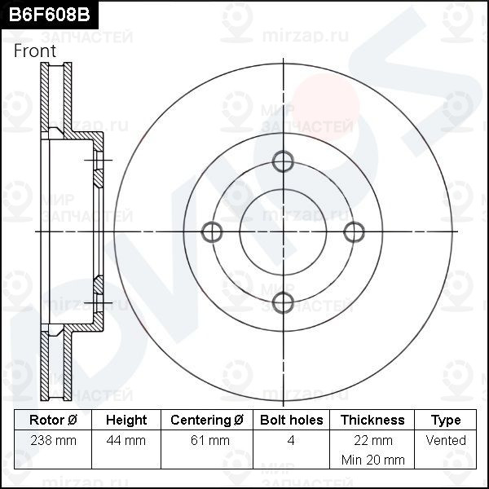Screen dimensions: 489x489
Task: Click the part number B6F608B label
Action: point(45,15)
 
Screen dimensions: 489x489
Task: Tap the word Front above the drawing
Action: point(35,51)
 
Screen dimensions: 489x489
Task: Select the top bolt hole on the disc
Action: point(283,161)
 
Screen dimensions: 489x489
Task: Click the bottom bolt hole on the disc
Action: point(283,302)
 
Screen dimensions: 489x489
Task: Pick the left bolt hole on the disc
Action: point(212,232)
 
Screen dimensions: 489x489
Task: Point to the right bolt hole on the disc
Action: point(354,232)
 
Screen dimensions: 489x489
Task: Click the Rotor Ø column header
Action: point(53,420)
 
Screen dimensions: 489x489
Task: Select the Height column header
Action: point(126,420)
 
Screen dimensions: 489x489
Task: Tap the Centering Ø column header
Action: point(207,420)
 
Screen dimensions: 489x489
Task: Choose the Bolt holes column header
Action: point(291,420)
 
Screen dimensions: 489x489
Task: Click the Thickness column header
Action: point(372,420)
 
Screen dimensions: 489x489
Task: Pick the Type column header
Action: point(446,420)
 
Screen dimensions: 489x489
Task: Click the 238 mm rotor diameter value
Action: point(53,440)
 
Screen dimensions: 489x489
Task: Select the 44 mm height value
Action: point(126,440)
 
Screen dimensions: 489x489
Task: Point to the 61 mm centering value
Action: point(207,440)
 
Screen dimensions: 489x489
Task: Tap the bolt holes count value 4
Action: point(291,440)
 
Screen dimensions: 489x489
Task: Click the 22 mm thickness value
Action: point(372,440)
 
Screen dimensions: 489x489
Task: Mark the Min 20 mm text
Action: point(372,460)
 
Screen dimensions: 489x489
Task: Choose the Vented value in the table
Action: point(446,440)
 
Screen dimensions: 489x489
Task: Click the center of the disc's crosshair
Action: point(283,232)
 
